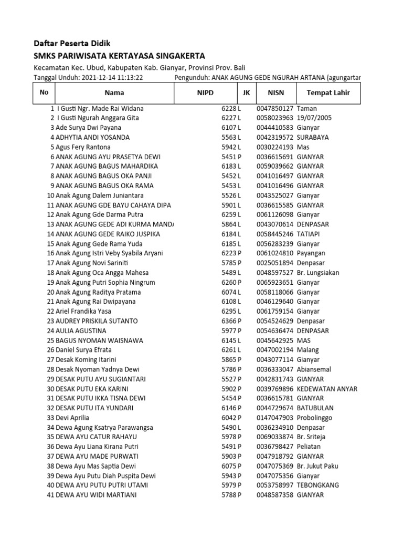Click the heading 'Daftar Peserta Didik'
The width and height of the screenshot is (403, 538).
click(72, 43)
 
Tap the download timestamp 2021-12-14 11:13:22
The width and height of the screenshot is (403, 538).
click(113, 78)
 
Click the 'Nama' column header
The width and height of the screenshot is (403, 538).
click(114, 93)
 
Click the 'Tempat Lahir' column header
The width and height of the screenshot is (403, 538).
click(324, 93)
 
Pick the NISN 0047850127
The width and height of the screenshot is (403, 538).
click(275, 108)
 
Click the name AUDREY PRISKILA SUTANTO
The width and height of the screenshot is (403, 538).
click(97, 321)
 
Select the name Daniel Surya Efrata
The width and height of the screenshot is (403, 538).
click(83, 350)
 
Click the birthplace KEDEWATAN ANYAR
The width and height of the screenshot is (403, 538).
click(327, 389)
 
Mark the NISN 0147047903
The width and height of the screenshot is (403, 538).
click(275, 418)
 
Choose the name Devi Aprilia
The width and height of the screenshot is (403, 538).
click(73, 418)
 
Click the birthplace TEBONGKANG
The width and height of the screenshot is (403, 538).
click(318, 485)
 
